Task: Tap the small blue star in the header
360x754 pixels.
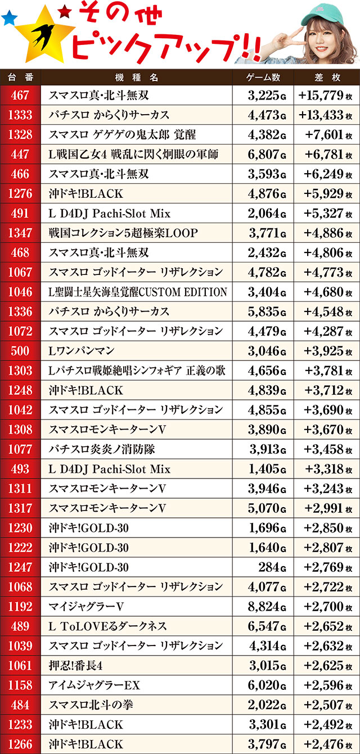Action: click(8, 19)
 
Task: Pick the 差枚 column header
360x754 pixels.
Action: click(326, 77)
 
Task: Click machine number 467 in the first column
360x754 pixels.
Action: click(20, 96)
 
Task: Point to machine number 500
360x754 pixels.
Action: click(20, 351)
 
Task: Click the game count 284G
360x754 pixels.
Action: click(272, 567)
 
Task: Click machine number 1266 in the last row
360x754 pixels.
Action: click(20, 744)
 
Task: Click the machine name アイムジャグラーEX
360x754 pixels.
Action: click(94, 685)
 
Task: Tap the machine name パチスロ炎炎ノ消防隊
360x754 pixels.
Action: click(101, 449)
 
